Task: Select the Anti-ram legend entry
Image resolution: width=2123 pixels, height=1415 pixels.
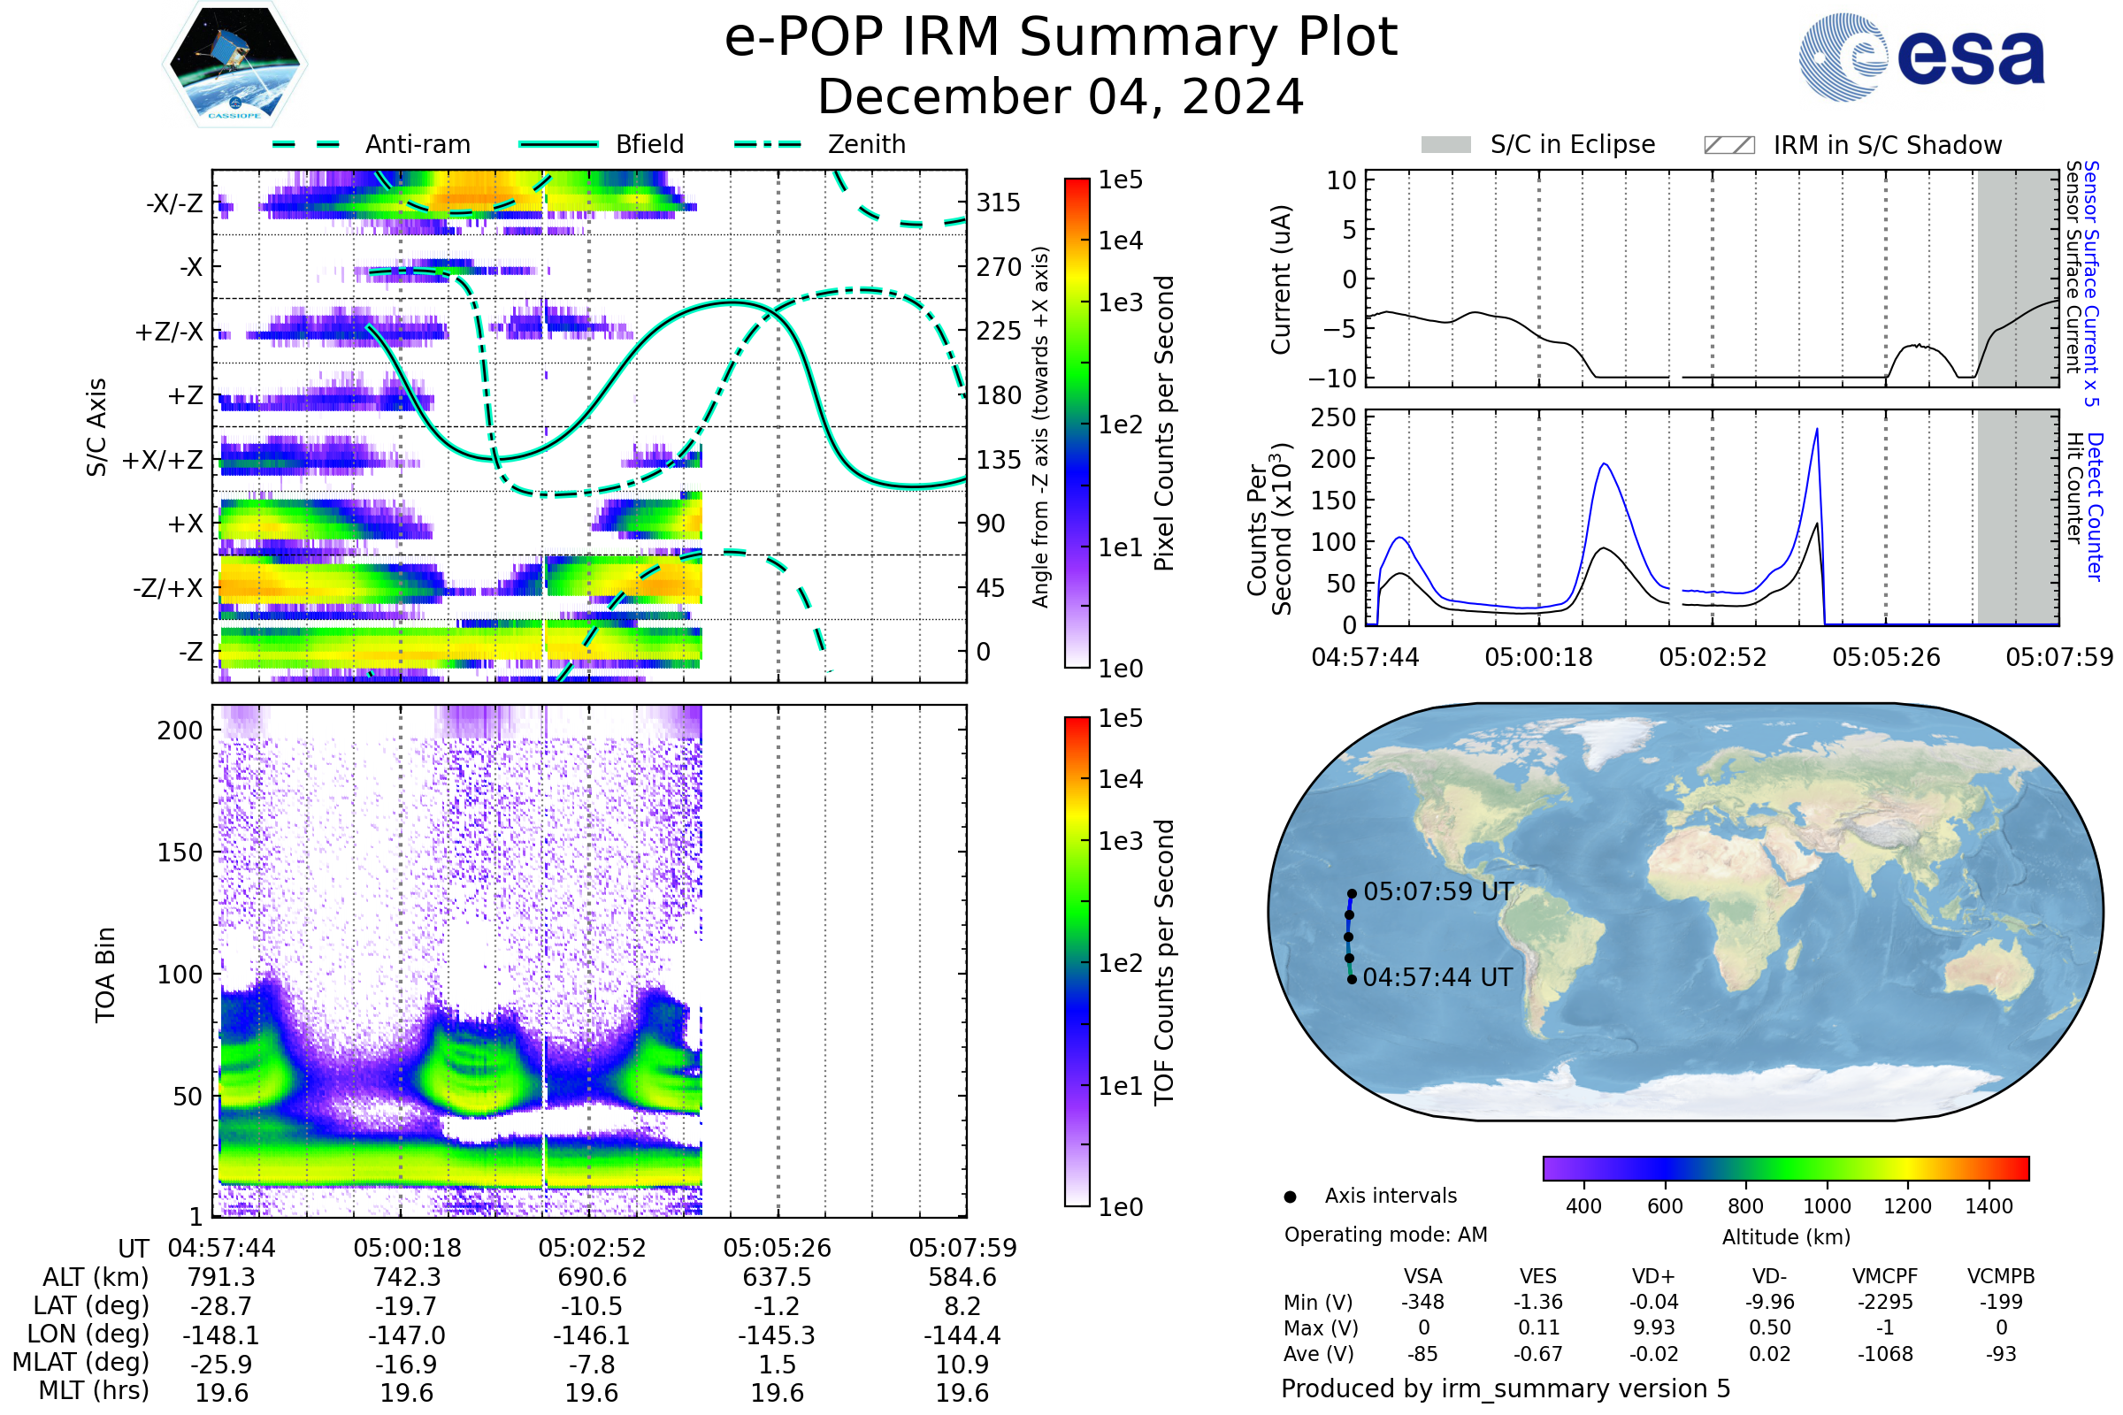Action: [x=417, y=144]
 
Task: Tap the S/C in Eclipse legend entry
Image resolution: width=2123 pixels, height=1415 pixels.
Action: [x=1572, y=144]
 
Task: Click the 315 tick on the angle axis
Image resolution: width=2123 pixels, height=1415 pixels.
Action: [x=999, y=203]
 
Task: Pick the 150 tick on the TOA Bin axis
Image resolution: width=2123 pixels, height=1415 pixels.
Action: [x=180, y=853]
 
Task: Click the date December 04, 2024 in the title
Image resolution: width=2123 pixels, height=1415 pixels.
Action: [x=1061, y=96]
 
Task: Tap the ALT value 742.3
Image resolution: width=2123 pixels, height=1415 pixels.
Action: [x=407, y=1277]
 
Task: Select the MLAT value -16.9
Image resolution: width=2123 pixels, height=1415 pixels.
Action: [x=407, y=1365]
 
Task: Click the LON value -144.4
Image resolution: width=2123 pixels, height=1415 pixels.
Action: [x=962, y=1335]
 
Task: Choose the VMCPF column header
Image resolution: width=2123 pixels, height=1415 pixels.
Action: [x=1885, y=1276]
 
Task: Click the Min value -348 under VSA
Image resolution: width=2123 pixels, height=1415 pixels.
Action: [x=1422, y=1302]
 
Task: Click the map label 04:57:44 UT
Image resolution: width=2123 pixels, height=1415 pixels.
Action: [x=1437, y=977]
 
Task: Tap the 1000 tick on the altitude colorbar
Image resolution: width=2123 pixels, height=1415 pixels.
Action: [x=1827, y=1206]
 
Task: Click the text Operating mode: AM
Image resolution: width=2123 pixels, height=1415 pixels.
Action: [x=1385, y=1235]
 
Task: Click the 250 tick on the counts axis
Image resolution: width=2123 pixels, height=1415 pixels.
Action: [x=1333, y=417]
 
